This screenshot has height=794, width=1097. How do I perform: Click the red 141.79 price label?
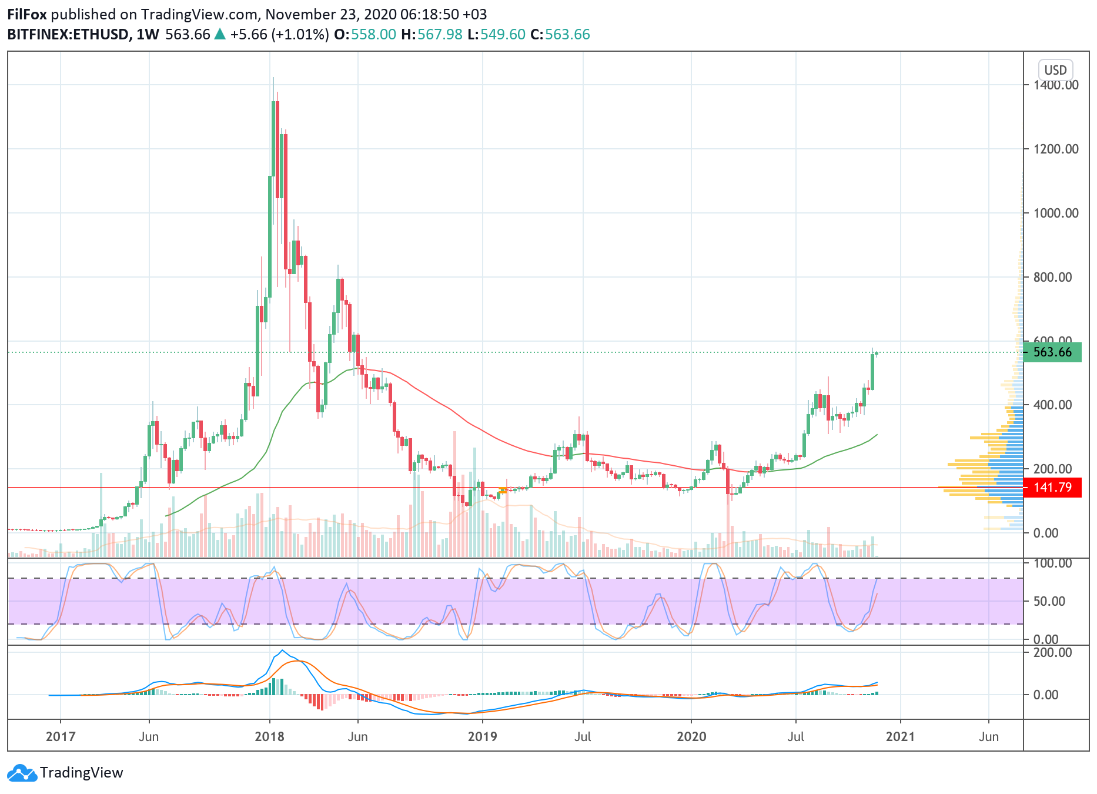[1052, 488]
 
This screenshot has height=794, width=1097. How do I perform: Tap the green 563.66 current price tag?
[1052, 352]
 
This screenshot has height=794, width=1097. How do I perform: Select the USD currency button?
[1055, 70]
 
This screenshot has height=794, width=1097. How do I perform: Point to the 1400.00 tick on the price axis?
[1056, 85]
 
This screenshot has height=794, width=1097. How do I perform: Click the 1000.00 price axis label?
[1056, 213]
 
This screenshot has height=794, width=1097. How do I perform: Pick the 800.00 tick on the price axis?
[1056, 277]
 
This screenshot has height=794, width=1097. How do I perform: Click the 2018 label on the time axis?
[269, 736]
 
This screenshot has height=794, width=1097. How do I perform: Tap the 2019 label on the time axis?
[482, 736]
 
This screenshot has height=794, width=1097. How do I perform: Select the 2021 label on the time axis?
[900, 736]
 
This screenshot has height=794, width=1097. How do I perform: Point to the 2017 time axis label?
[61, 736]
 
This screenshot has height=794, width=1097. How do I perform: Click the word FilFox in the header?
[27, 14]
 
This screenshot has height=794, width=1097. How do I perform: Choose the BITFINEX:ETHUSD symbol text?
[68, 34]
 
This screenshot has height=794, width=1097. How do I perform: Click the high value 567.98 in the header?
[440, 34]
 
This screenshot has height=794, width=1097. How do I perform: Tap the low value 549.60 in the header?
[503, 34]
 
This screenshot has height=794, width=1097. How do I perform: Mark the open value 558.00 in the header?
[374, 34]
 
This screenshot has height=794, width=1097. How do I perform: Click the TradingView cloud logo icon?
[22, 773]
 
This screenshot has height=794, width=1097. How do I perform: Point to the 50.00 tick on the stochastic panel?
[1049, 601]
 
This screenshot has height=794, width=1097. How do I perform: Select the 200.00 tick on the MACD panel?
[1052, 652]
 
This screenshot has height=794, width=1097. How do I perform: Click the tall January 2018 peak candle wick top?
[273, 78]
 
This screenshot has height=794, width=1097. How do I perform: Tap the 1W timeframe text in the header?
[148, 34]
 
